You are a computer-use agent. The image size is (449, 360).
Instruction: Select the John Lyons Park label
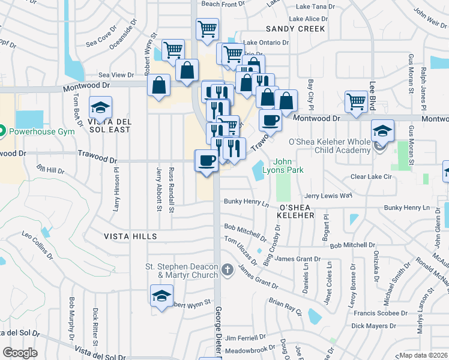click(x=289, y=166)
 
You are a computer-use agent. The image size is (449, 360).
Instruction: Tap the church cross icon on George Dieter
click(x=227, y=270)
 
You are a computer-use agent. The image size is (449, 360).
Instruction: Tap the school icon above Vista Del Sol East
click(x=100, y=108)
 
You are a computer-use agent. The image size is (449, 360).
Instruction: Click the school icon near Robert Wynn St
click(x=161, y=296)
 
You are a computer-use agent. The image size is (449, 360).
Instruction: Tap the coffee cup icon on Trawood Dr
click(x=207, y=160)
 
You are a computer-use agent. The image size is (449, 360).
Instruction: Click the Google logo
click(x=20, y=353)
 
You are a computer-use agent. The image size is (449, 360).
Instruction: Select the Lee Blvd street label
click(x=372, y=95)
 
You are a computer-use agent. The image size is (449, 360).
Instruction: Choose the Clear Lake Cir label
click(x=370, y=177)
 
